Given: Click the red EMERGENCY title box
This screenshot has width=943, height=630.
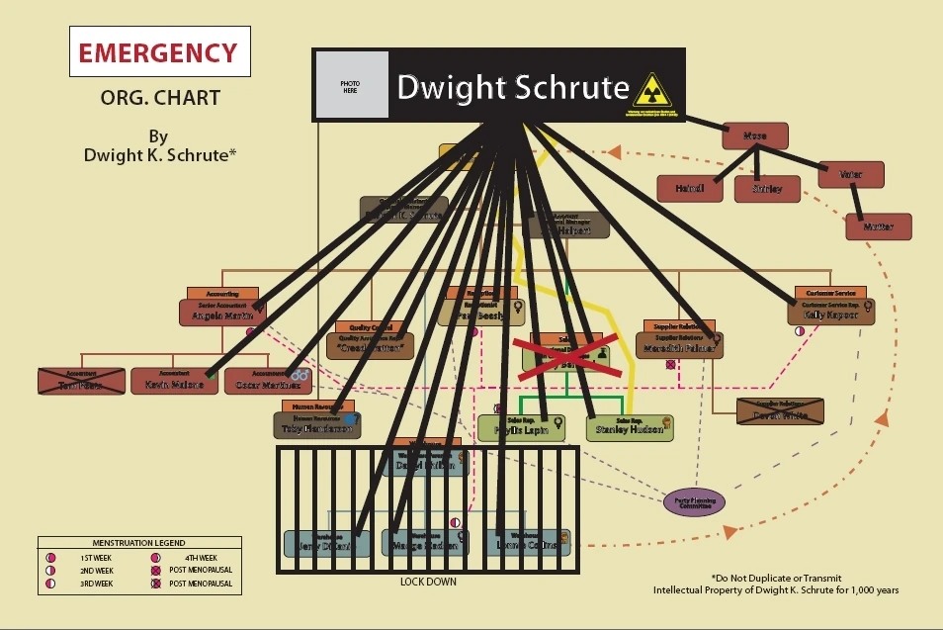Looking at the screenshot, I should pyautogui.click(x=158, y=52).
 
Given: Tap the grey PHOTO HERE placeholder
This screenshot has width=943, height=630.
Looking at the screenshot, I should pyautogui.click(x=352, y=86).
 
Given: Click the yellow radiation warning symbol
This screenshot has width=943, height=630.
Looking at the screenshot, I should pyautogui.click(x=651, y=90).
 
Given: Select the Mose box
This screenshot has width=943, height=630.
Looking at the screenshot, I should pyautogui.click(x=755, y=135).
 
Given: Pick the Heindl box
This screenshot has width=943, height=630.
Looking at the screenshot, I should pyautogui.click(x=690, y=188).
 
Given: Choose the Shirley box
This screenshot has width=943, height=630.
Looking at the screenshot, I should pyautogui.click(x=767, y=188).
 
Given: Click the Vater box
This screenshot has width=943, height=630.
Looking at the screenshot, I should pyautogui.click(x=850, y=174).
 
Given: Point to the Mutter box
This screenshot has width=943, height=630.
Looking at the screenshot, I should pyautogui.click(x=878, y=226).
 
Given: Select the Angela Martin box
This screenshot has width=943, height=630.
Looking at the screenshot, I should pyautogui.click(x=222, y=314).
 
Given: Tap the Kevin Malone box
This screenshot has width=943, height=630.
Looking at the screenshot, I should pyautogui.click(x=174, y=382).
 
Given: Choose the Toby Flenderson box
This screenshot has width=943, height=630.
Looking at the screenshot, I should pyautogui.click(x=316, y=426).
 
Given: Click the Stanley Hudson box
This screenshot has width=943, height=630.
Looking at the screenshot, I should pyautogui.click(x=629, y=428).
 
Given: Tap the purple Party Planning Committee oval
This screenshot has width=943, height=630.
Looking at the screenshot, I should pyautogui.click(x=694, y=501).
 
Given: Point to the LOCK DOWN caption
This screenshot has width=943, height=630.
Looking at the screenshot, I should pyautogui.click(x=428, y=582).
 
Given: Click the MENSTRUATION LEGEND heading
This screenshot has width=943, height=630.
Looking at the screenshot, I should pyautogui.click(x=138, y=543).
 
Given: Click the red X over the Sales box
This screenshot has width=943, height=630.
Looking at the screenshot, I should pyautogui.click(x=565, y=357).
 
